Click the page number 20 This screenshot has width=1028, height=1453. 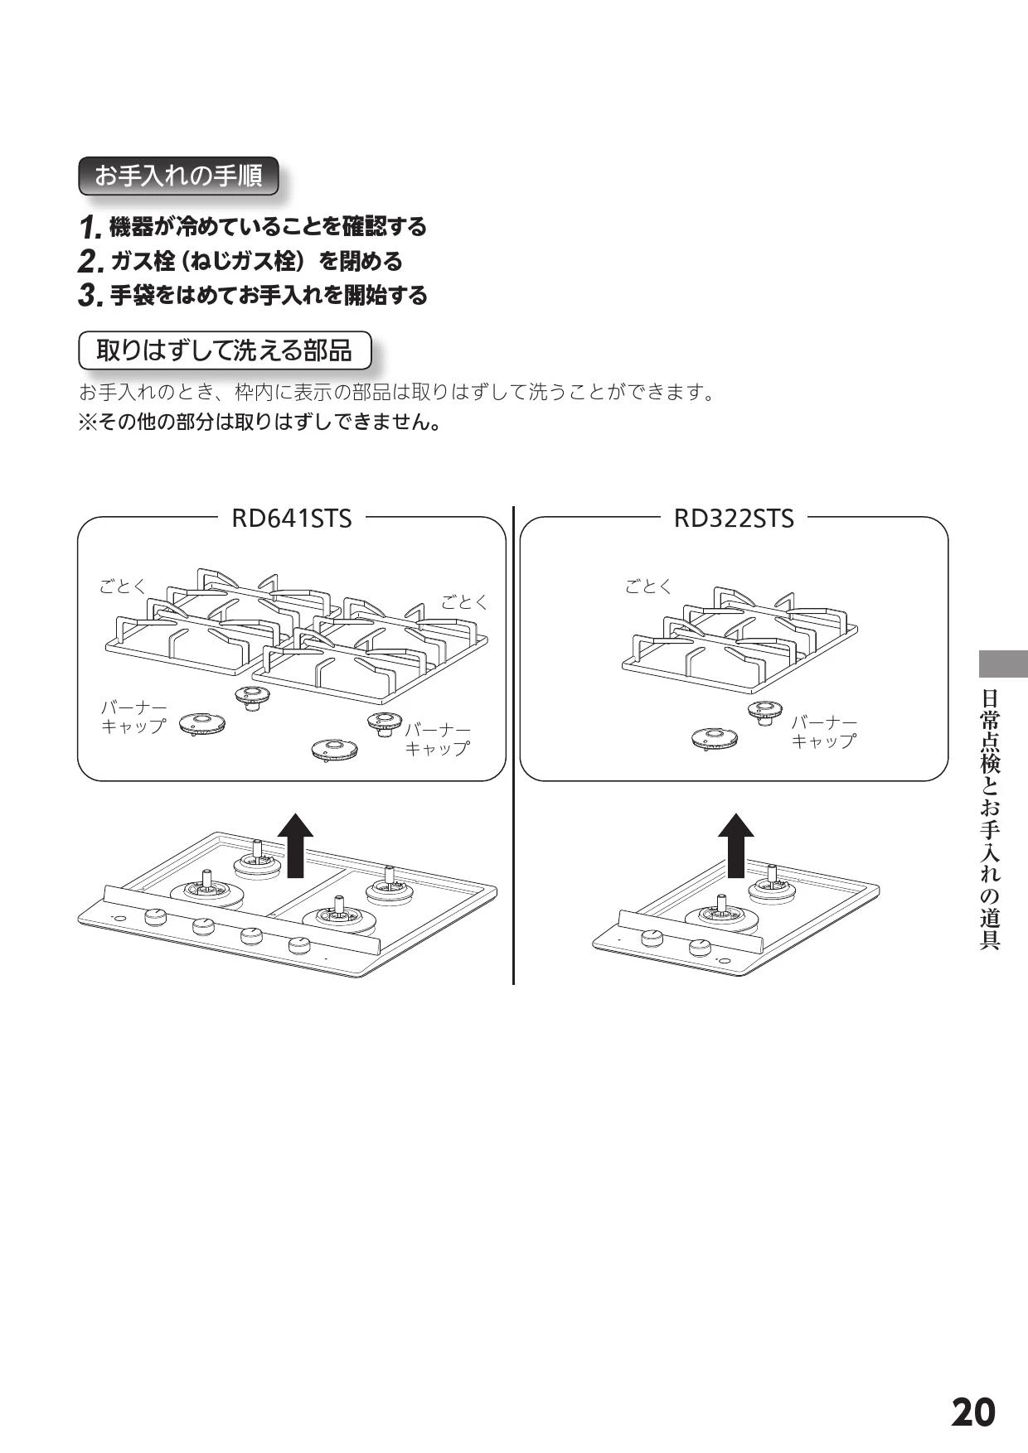click(973, 1412)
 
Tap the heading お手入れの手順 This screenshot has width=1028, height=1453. click(178, 176)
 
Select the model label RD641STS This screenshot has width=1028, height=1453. click(291, 519)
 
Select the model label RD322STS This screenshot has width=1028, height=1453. click(734, 519)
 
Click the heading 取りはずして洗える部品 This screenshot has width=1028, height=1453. click(225, 350)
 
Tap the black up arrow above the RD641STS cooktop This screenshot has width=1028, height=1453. click(295, 844)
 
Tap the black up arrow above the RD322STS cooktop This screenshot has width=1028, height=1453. click(735, 844)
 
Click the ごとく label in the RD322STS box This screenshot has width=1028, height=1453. click(648, 587)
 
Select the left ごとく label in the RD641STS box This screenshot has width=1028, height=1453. click(123, 587)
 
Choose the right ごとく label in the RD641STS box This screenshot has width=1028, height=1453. click(464, 602)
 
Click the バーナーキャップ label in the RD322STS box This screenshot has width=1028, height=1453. click(823, 732)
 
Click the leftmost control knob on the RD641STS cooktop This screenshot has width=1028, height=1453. click(155, 917)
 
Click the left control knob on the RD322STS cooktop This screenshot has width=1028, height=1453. click(652, 938)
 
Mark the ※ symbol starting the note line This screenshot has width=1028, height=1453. click(87, 422)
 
